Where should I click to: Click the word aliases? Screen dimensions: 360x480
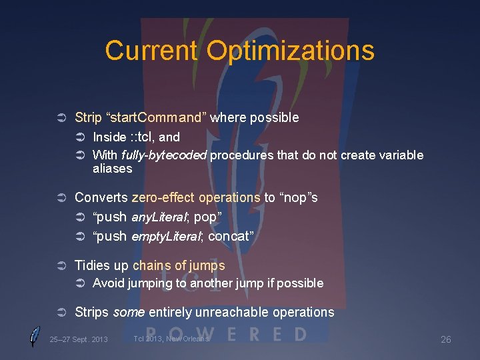coord(112,169)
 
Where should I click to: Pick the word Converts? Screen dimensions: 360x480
coord(101,198)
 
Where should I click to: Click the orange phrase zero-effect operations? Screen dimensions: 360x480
coord(196,198)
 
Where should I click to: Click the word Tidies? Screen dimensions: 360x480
coord(92,266)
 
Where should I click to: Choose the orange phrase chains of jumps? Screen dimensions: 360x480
coord(179,266)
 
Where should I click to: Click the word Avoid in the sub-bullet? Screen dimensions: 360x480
coord(107,283)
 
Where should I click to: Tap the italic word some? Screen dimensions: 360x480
coord(127,312)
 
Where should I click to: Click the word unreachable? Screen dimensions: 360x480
coord(225,312)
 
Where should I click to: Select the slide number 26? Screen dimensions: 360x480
coord(446,339)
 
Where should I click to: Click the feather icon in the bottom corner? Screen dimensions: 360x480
coord(35,337)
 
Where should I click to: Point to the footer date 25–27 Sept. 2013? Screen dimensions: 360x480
coord(79,339)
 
